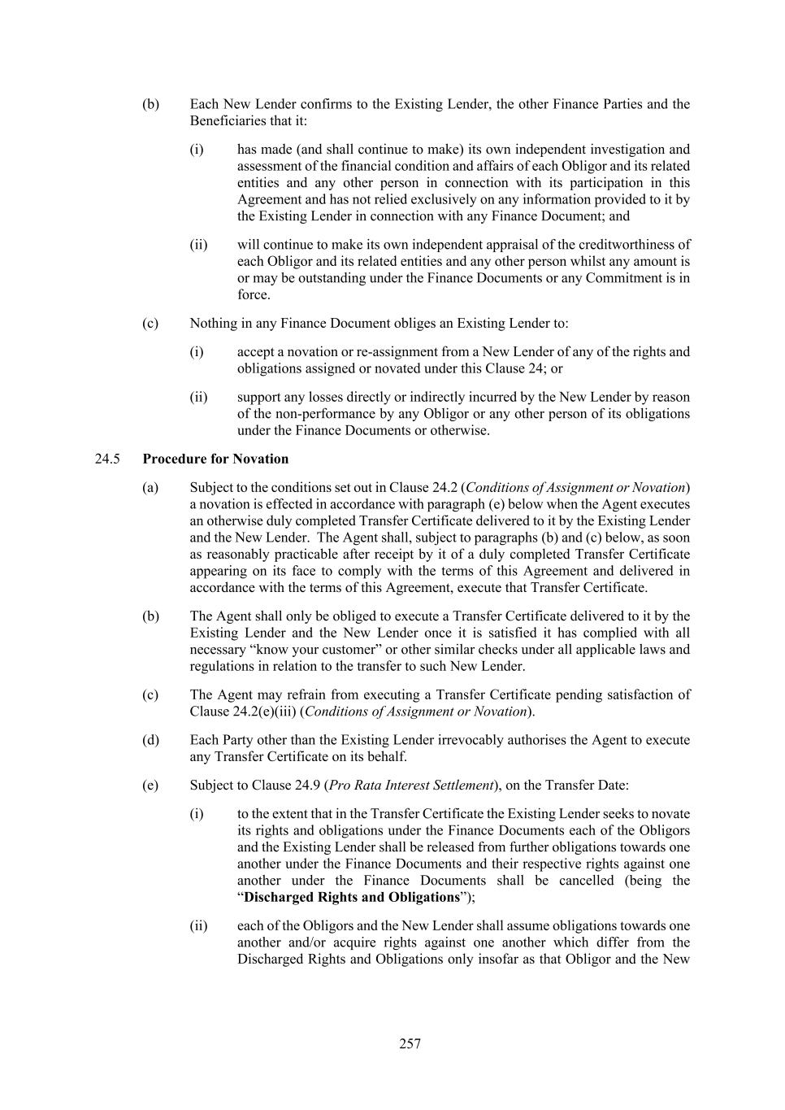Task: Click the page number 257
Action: [x=410, y=1043]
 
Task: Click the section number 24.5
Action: [x=107, y=459]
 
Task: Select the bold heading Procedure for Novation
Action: [x=215, y=459]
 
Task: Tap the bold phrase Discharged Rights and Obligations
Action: [x=352, y=897]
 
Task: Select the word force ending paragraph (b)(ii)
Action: [x=252, y=294]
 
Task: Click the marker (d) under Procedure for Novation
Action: [x=150, y=740]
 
